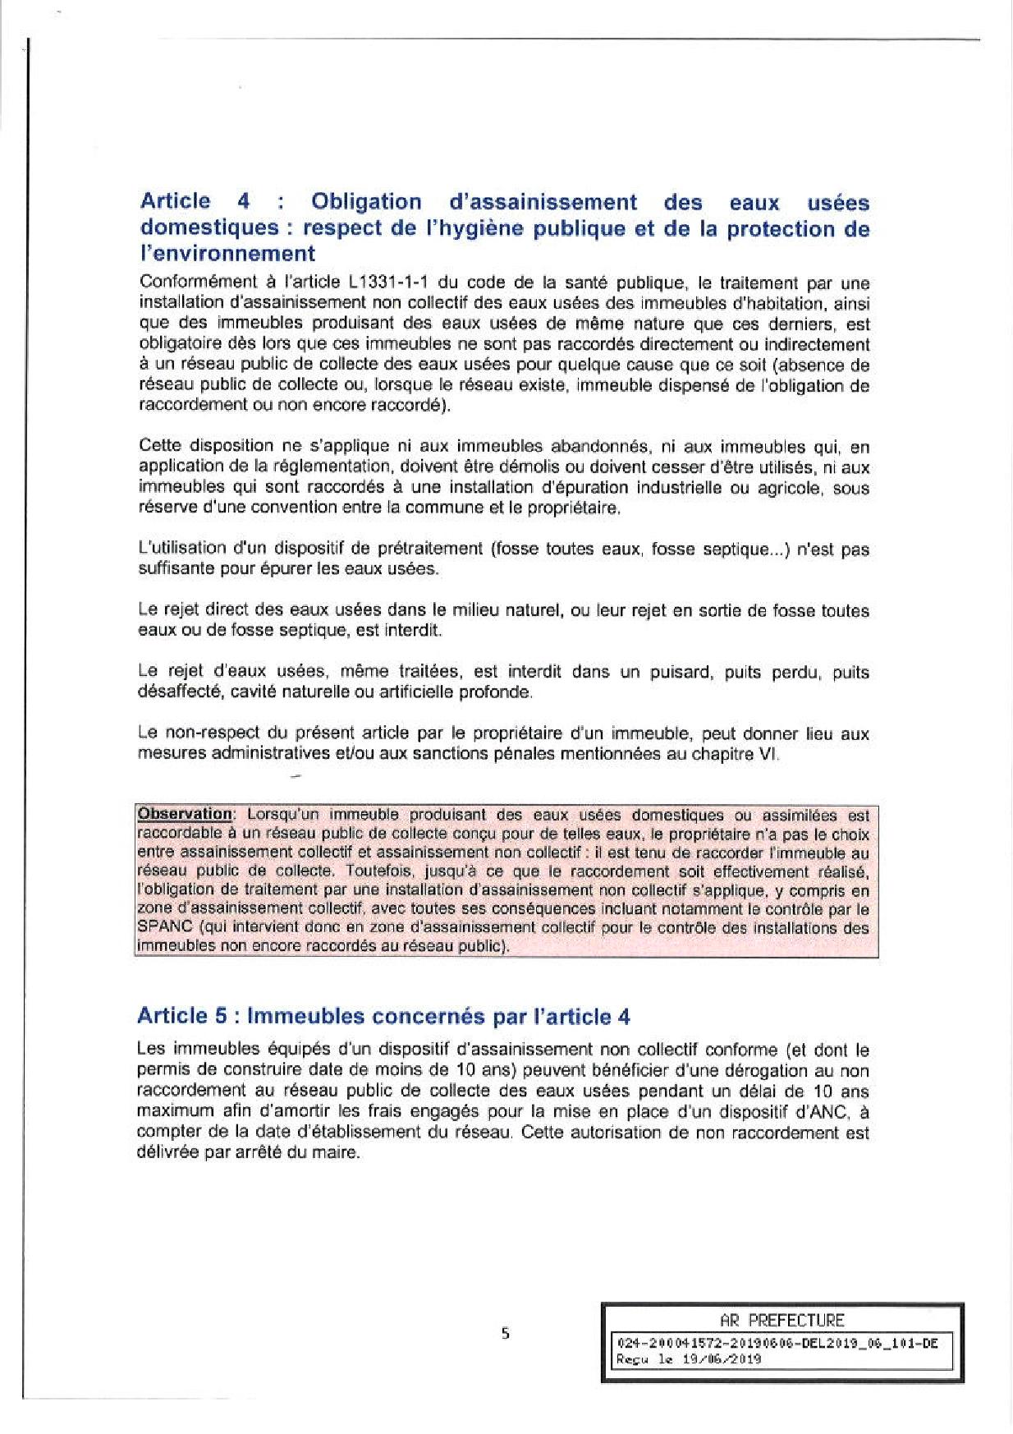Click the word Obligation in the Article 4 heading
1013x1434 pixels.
tap(367, 202)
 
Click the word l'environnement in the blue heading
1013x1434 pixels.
tap(227, 253)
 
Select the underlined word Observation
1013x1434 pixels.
tap(186, 814)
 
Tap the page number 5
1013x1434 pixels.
tap(506, 1335)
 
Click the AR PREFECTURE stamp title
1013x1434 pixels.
tap(781, 1321)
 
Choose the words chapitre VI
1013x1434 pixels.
tap(743, 753)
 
